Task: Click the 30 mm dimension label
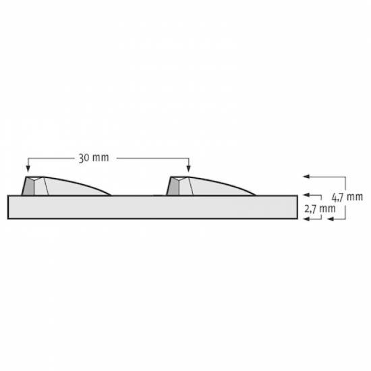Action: (x=94, y=158)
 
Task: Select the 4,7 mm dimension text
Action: (x=347, y=197)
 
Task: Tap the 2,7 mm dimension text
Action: (x=320, y=208)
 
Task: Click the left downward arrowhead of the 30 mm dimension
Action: (x=28, y=169)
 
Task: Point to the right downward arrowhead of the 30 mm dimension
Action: (x=188, y=169)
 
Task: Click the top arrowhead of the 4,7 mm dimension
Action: (x=306, y=177)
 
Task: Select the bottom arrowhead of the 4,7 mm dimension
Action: (x=331, y=219)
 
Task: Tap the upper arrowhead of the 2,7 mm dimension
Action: (x=306, y=195)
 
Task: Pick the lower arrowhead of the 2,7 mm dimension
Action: (x=306, y=219)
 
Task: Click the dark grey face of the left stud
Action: (x=29, y=187)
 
